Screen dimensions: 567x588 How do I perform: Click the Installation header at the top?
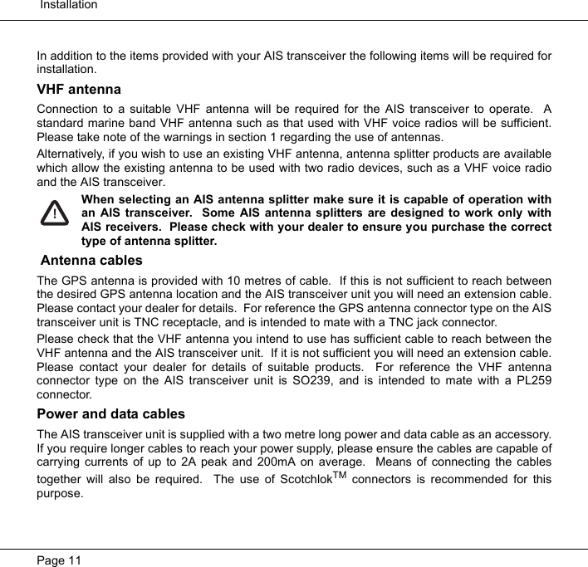(68, 5)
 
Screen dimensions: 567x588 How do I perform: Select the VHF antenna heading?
(79, 90)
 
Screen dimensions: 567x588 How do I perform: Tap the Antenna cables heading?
(91, 261)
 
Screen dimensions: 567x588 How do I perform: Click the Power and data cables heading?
(111, 414)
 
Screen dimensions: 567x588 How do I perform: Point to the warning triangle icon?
(55, 213)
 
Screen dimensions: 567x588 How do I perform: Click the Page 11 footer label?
(59, 560)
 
